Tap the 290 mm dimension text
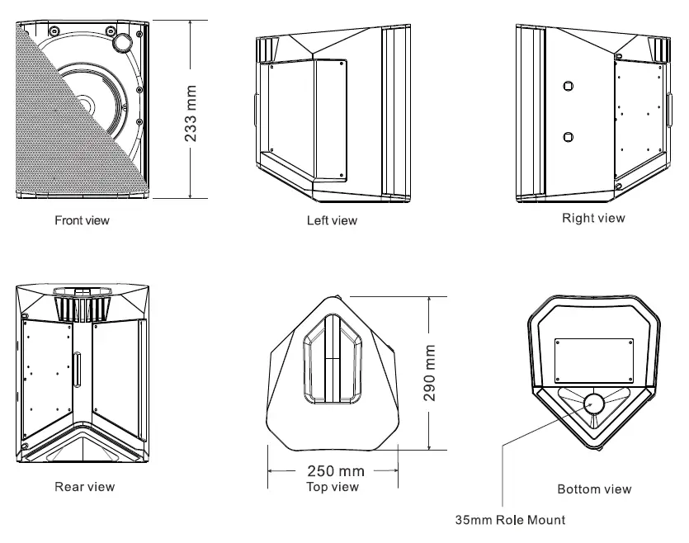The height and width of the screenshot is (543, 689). pyautogui.click(x=430, y=372)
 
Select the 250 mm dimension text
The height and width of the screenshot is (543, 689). pyautogui.click(x=335, y=471)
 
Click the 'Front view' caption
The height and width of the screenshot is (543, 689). pyautogui.click(x=82, y=220)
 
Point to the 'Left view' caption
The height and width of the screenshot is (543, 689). pyautogui.click(x=332, y=220)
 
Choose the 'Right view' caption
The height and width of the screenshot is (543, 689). pyautogui.click(x=593, y=218)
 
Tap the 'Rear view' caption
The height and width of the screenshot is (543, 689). pyautogui.click(x=84, y=486)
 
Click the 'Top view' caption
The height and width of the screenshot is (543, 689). pyautogui.click(x=333, y=487)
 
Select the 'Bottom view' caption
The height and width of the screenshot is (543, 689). pyautogui.click(x=594, y=489)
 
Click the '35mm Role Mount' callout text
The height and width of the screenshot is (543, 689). pyautogui.click(x=511, y=520)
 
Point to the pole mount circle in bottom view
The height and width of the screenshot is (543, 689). pyautogui.click(x=594, y=404)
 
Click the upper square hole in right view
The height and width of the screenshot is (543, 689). pyautogui.click(x=568, y=86)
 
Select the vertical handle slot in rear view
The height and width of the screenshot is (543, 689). pyautogui.click(x=80, y=369)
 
